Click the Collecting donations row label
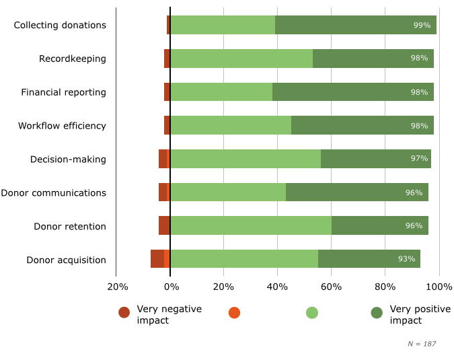(x=60, y=25)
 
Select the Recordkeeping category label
(x=73, y=59)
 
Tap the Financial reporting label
(x=63, y=92)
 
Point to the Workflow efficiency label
(x=62, y=126)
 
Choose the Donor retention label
(x=70, y=226)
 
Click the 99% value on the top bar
(x=422, y=25)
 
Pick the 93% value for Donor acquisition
(x=406, y=260)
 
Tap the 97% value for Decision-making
(x=419, y=159)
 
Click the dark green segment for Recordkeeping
(x=373, y=59)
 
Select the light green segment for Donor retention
(x=251, y=226)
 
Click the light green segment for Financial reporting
(x=221, y=92)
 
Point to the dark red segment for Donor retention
(x=164, y=226)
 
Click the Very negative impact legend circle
(x=124, y=312)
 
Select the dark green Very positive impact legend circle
(x=377, y=312)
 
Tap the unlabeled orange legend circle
(x=234, y=312)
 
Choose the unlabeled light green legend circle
(x=311, y=312)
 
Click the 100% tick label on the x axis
(x=440, y=287)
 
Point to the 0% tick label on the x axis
(x=172, y=287)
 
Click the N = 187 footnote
(x=422, y=344)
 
